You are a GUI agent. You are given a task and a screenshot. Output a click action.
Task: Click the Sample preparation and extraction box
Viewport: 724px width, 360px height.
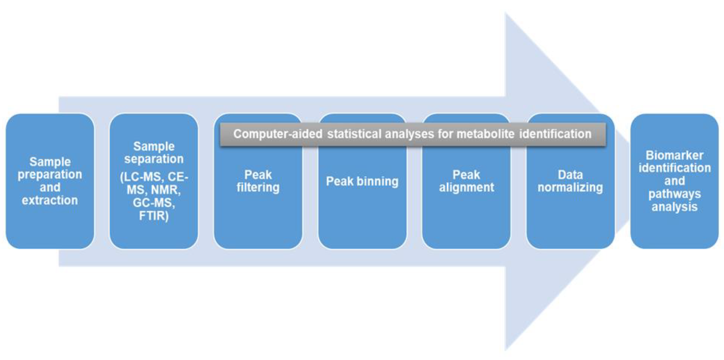50,181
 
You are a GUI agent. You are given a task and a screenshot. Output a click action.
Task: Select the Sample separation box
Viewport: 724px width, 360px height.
154,181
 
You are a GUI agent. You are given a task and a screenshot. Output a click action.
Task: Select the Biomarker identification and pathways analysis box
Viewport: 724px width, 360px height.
675,181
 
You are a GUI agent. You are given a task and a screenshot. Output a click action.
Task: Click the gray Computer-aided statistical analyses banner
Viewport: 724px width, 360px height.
413,134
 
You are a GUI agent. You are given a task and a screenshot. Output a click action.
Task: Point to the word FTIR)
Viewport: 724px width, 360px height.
154,216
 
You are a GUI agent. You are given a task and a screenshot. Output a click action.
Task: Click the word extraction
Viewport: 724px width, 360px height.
50,200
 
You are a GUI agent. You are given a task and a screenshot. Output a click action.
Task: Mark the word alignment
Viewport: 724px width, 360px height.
466,188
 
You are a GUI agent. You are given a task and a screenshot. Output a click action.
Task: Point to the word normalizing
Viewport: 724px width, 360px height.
570,188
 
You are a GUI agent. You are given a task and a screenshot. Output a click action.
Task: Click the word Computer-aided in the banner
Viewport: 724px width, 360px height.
278,134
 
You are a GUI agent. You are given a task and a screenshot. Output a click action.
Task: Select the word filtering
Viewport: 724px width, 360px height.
258,188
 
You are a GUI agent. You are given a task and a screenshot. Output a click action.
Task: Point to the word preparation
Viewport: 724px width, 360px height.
50,175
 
